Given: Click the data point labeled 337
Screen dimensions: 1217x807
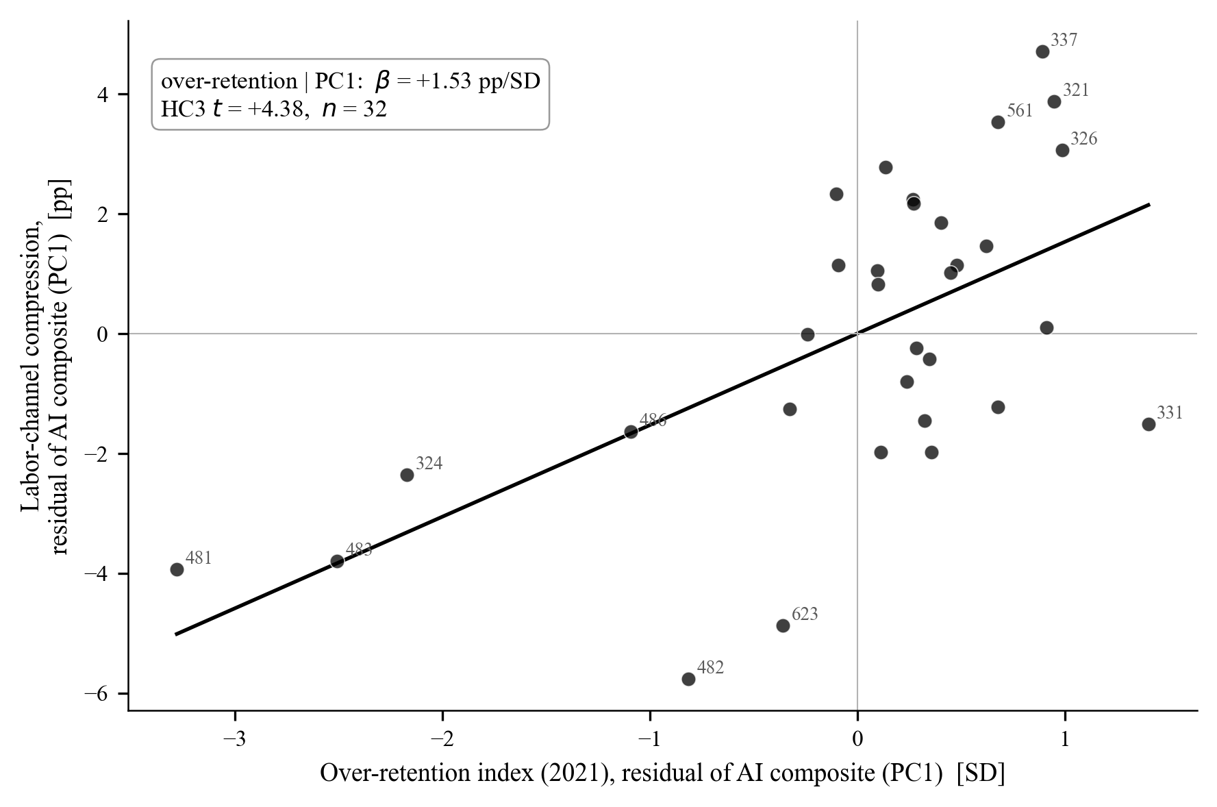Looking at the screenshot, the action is (1042, 51).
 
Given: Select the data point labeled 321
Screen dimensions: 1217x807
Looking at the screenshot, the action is (1054, 101).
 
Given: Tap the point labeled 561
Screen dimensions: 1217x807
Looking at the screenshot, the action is (998, 122).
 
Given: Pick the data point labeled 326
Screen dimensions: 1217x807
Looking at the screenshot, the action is (1062, 150).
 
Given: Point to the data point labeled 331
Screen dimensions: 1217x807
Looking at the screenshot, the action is (1149, 424).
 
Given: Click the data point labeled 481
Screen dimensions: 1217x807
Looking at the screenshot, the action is (177, 569).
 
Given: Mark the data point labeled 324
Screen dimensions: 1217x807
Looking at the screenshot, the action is (407, 475).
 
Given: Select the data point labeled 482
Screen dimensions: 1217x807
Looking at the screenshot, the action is (688, 679).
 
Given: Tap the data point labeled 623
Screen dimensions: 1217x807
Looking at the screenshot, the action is (783, 625).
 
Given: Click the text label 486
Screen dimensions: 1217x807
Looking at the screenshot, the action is (653, 421).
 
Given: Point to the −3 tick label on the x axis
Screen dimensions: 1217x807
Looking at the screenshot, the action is (235, 741).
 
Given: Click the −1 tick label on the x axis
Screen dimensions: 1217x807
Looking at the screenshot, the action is (650, 741).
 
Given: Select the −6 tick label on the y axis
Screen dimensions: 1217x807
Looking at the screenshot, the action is (97, 693).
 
